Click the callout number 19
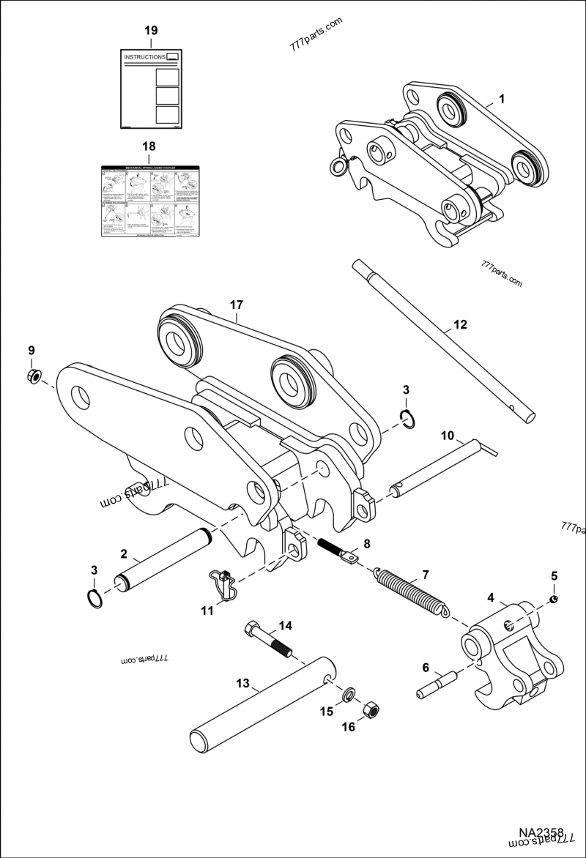(x=150, y=31)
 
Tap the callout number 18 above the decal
(x=149, y=146)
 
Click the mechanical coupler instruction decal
(x=149, y=200)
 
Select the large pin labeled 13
(x=264, y=703)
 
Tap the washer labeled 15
(x=350, y=692)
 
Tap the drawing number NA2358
(x=541, y=833)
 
